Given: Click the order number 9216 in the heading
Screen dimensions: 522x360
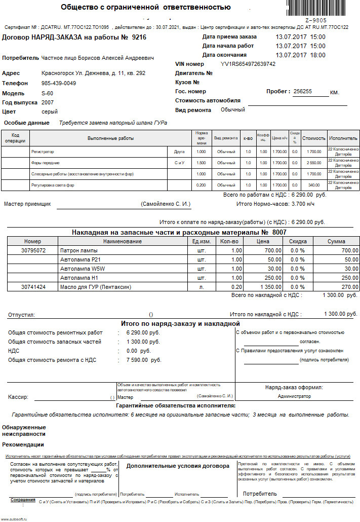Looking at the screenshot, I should coord(139,37).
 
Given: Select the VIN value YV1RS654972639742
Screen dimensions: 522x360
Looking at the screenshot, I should coord(248,64).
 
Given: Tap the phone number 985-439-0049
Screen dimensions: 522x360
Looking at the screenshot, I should coord(59,83).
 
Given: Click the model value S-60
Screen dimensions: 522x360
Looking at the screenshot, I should coord(47,93).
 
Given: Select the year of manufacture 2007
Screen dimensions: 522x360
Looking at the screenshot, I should coord(48,102).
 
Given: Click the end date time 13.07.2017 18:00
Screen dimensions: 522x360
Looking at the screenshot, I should coord(300,55).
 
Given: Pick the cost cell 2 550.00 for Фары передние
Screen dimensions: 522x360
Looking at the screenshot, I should coord(314,163).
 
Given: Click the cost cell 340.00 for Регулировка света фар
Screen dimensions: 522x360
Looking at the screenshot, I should coord(314,185).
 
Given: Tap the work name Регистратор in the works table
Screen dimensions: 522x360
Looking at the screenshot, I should coord(43,152).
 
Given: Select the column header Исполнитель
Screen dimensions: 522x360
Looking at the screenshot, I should coord(343,138).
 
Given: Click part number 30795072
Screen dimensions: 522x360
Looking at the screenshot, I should coord(34,250).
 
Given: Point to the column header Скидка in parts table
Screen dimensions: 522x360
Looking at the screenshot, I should coord(298,241).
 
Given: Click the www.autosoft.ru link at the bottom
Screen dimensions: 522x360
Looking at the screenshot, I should coord(14,519).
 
